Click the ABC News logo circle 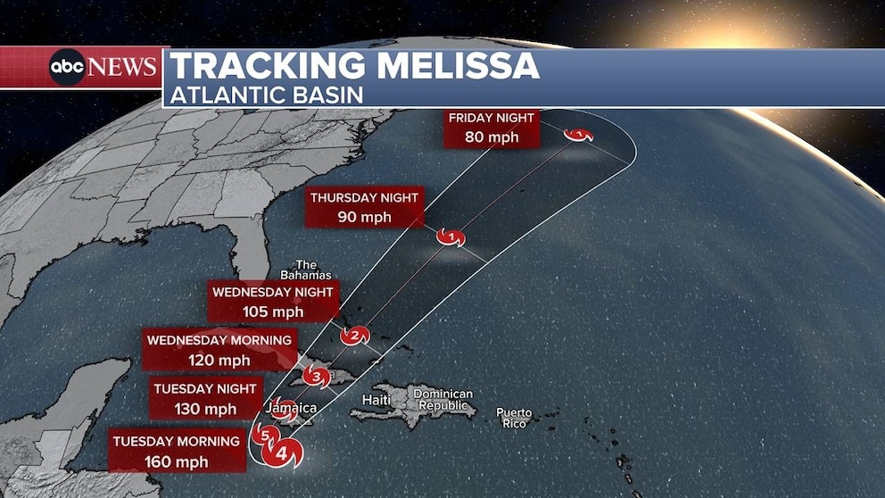(68, 68)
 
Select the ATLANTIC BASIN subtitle (267, 95)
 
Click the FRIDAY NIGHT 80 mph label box (492, 128)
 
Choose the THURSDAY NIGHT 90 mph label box (363, 207)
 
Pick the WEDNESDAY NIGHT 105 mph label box (273, 302)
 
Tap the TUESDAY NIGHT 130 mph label (205, 399)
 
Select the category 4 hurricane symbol (283, 453)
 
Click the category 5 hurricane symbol (263, 436)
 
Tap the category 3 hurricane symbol (316, 377)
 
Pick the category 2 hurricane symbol (355, 336)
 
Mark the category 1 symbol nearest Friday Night (580, 135)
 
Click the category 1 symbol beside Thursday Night (451, 237)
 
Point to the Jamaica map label (292, 408)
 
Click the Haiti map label (376, 400)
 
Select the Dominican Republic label (443, 400)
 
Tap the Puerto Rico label (514, 418)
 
